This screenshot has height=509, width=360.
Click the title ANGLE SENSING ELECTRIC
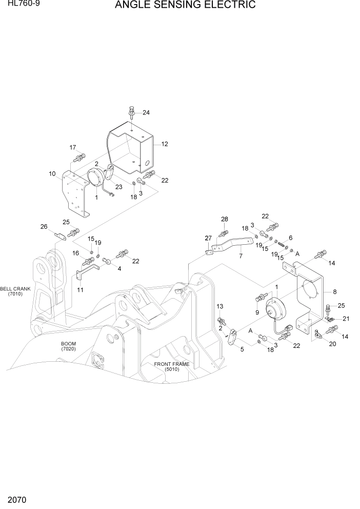(x=185, y=6)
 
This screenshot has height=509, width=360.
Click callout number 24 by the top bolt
(x=146, y=112)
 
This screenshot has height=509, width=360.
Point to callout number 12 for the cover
(x=165, y=144)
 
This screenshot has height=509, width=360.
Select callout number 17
(x=73, y=147)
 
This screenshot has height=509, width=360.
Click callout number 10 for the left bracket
(x=52, y=174)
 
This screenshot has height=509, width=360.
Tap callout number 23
(x=119, y=187)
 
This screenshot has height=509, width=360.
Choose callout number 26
(x=44, y=226)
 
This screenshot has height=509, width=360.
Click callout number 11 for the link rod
(x=80, y=290)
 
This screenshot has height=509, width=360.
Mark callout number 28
(x=224, y=220)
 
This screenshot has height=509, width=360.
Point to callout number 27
(x=208, y=238)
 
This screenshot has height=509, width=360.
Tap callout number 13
(x=220, y=306)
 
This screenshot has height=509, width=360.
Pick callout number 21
(x=346, y=319)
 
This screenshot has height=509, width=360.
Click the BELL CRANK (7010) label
(x=15, y=291)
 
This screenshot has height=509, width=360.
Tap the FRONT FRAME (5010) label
(x=172, y=366)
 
